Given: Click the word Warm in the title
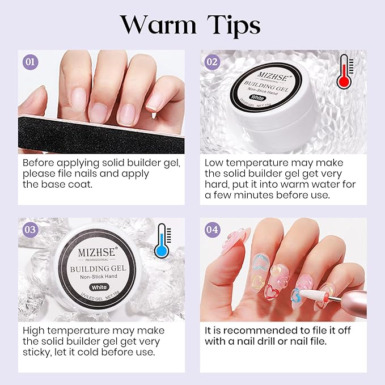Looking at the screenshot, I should click(158, 26).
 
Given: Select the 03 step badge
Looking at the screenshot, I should click(30, 229).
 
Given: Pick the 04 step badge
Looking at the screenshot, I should click(212, 229).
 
